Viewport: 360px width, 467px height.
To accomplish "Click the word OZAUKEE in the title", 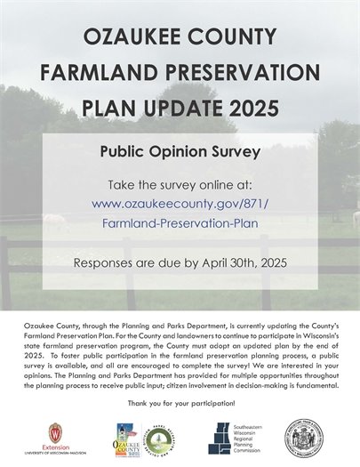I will (x=126, y=38).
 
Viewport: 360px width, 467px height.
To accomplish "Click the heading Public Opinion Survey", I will (x=180, y=151).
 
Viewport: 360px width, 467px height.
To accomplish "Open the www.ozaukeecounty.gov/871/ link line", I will (x=180, y=204).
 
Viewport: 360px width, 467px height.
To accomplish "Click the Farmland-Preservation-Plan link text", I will (x=180, y=222).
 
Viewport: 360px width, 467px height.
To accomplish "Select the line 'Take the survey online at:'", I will (x=180, y=185).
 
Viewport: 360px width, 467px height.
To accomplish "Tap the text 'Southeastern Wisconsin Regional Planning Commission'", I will (x=252, y=435).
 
